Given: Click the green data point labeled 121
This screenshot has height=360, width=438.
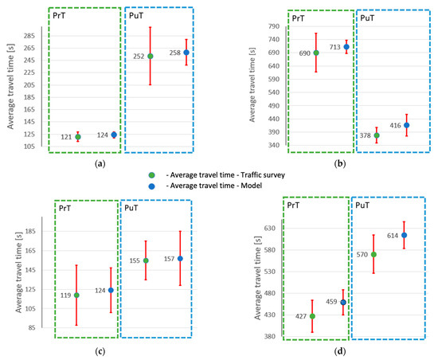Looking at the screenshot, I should tap(78, 137).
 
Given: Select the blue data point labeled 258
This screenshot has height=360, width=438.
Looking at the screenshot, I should tap(186, 53).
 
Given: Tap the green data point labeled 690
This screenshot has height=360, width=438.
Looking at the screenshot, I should tap(316, 53).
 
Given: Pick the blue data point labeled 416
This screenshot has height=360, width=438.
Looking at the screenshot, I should tap(406, 125).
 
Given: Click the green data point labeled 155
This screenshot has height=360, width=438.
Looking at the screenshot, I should tap(146, 260).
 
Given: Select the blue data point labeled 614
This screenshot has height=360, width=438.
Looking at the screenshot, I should tap(404, 235).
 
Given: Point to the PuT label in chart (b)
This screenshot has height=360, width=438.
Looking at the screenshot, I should tap(367, 16).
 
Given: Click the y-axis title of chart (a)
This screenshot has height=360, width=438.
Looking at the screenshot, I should tap(9, 84).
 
